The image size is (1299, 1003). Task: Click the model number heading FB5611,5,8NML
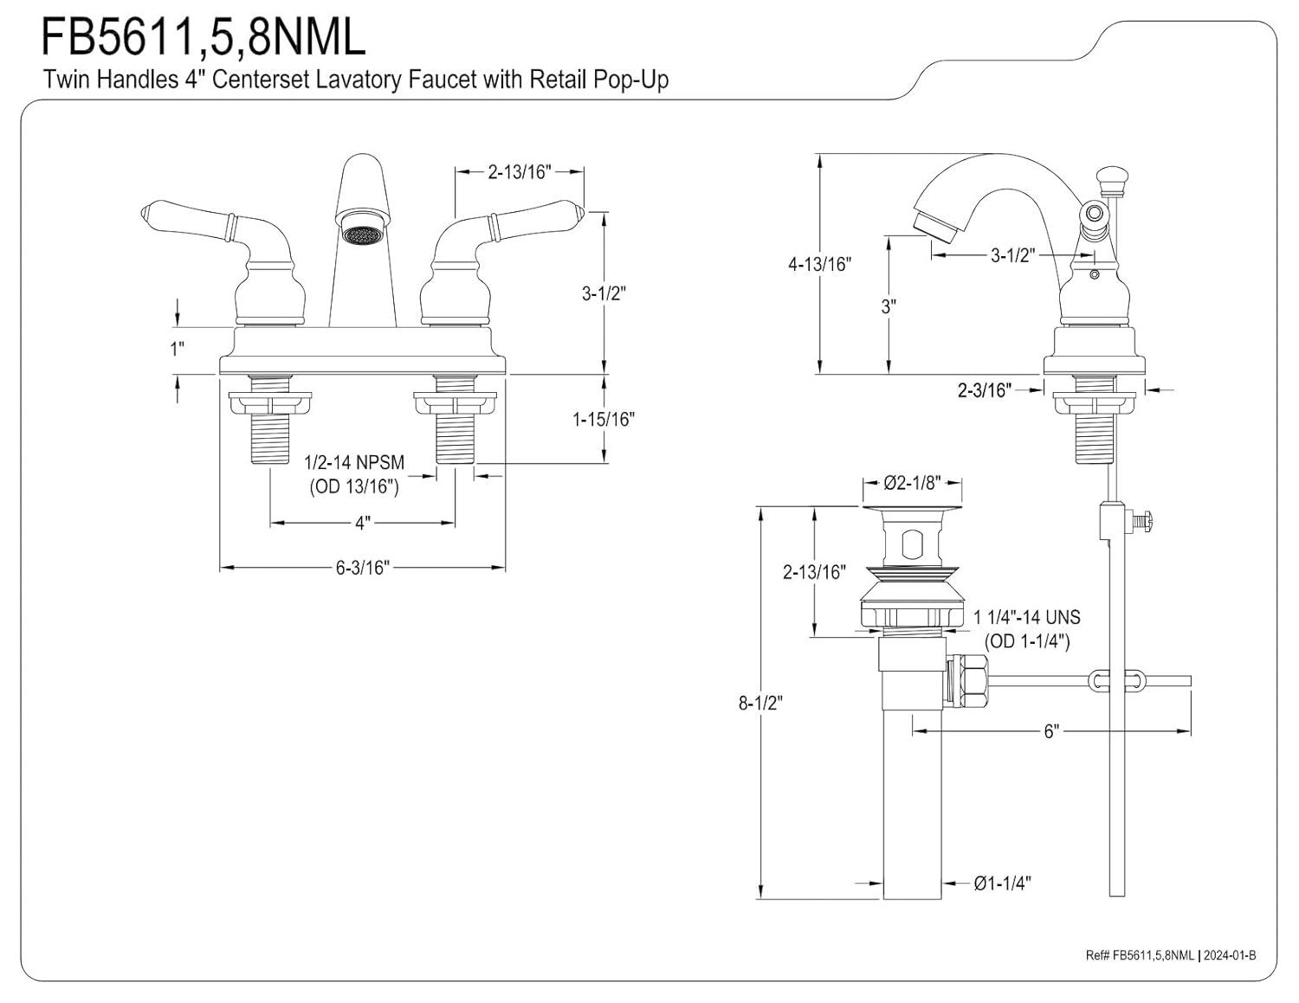(x=203, y=37)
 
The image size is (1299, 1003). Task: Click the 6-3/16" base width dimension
(x=362, y=568)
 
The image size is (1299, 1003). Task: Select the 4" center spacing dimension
(x=362, y=524)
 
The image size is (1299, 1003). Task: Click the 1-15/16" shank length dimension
(x=604, y=420)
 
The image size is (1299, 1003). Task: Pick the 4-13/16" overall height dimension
(x=819, y=263)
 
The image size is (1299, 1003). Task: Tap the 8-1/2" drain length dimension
(x=760, y=703)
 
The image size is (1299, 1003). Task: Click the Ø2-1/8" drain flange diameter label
(x=912, y=483)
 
